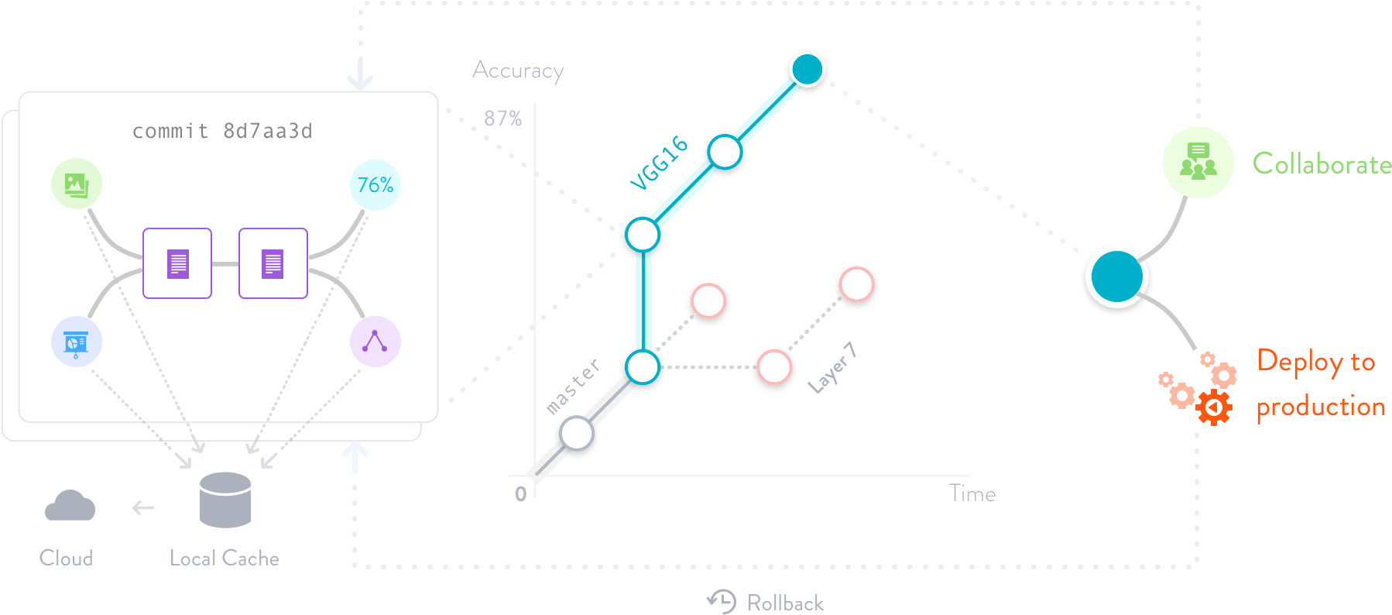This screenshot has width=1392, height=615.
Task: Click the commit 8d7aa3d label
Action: coord(222,131)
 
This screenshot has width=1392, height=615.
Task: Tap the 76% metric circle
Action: coord(375,185)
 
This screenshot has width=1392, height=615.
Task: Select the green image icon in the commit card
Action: coord(76,184)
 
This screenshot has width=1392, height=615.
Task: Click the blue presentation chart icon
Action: coord(76,342)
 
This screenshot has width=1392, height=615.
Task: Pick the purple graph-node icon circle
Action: coord(375,342)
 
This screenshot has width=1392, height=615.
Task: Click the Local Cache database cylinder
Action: coord(225,500)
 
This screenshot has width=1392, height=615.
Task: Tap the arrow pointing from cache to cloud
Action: coord(143,508)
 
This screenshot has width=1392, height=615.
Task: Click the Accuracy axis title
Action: coord(518,70)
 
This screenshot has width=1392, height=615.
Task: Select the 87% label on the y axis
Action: coord(503,119)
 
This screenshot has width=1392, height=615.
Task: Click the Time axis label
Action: coord(972,493)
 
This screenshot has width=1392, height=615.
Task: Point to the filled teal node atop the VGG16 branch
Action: coord(807,70)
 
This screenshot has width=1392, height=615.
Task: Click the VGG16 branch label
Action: coord(659,163)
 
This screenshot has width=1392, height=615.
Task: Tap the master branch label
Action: coord(573,386)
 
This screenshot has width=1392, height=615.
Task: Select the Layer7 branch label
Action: coord(832,368)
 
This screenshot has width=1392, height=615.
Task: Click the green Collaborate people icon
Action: coord(1198,163)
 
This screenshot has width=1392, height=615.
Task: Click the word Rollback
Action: coord(785,603)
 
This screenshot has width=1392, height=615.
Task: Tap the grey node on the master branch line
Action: coord(577,433)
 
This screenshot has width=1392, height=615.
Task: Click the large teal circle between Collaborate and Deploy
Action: coord(1117,277)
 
